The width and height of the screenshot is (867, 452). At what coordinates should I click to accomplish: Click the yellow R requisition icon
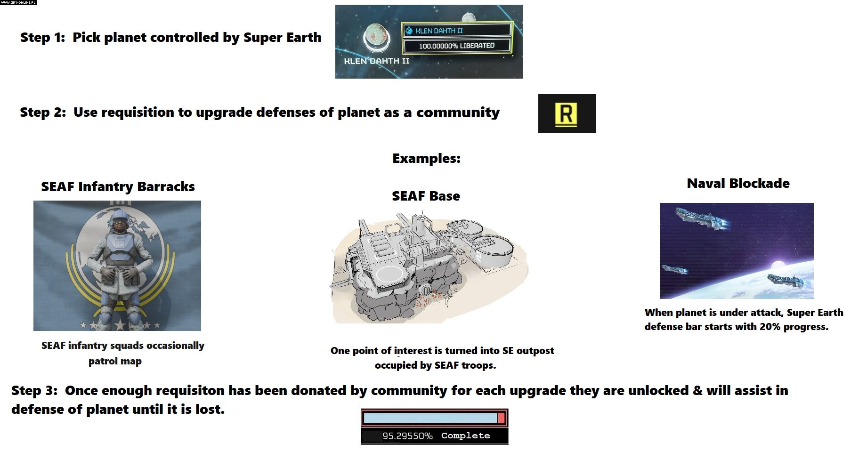567,113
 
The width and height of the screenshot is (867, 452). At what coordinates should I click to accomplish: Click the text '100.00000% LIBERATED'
457,46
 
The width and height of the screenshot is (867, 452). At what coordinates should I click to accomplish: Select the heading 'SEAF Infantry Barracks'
118,186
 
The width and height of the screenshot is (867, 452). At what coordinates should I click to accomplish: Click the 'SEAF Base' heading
426,196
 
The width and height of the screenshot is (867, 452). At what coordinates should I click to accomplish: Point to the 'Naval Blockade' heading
738,183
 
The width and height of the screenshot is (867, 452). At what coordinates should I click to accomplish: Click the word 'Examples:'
426,158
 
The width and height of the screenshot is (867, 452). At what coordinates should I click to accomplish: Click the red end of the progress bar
501,418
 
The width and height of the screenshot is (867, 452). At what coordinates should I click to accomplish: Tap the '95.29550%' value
407,436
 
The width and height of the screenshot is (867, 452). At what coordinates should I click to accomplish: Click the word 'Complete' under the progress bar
465,436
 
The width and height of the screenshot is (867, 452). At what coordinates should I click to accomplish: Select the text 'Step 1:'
43,38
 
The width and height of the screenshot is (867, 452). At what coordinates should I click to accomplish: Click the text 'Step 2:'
43,113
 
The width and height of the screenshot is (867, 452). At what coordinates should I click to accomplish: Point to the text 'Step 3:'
34,390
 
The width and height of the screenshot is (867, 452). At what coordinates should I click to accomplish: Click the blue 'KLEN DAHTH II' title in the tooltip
439,31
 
